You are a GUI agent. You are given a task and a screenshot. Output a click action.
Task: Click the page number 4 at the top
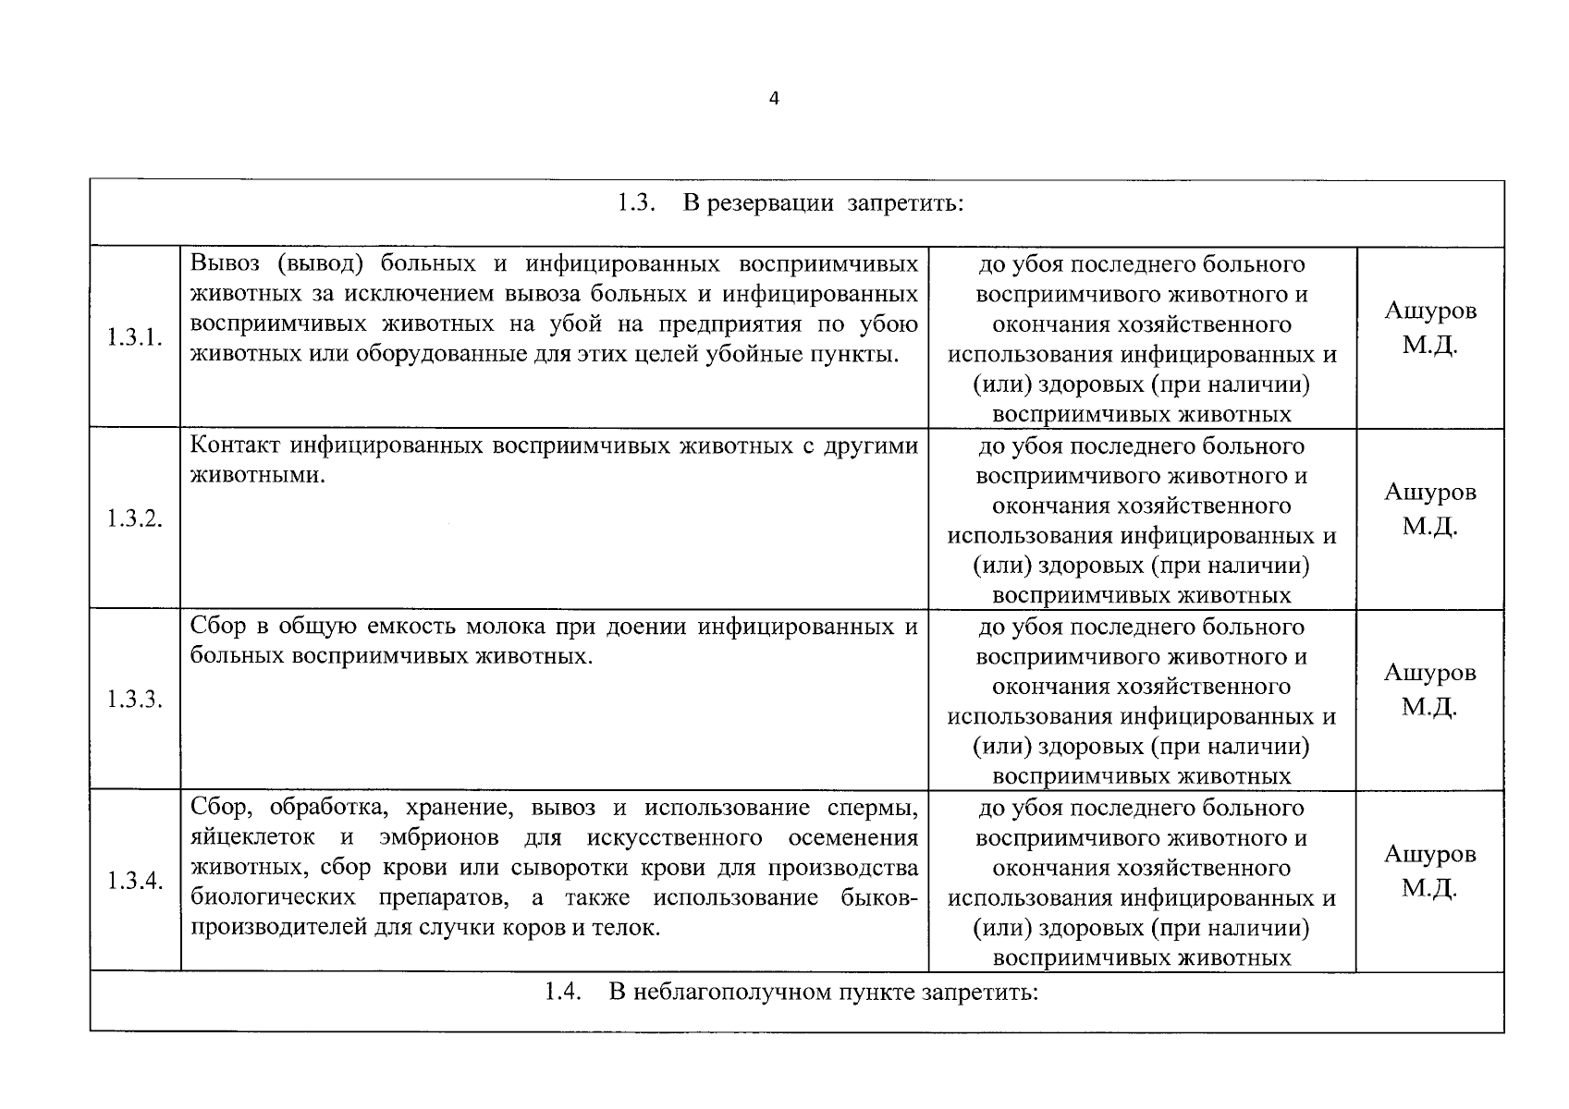(774, 99)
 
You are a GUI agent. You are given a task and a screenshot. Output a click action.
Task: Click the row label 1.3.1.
(134, 337)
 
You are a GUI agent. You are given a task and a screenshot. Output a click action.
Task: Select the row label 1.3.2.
(134, 518)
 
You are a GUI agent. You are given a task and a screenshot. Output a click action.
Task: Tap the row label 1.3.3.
(134, 699)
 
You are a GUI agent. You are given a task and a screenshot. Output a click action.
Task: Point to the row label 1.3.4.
(134, 880)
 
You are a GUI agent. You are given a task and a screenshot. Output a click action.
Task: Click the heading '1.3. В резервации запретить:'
(791, 203)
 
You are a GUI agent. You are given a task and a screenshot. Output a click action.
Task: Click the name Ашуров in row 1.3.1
(1429, 311)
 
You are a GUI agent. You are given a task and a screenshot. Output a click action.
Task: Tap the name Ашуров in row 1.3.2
(1429, 492)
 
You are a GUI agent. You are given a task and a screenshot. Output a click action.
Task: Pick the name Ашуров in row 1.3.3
(1429, 673)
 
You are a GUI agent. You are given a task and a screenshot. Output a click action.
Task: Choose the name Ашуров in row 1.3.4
(1429, 854)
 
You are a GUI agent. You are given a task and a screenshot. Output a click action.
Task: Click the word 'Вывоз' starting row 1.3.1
(225, 263)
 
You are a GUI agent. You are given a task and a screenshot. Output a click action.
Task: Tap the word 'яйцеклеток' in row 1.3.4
(252, 838)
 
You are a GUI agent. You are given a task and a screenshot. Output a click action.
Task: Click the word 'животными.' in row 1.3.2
(257, 476)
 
